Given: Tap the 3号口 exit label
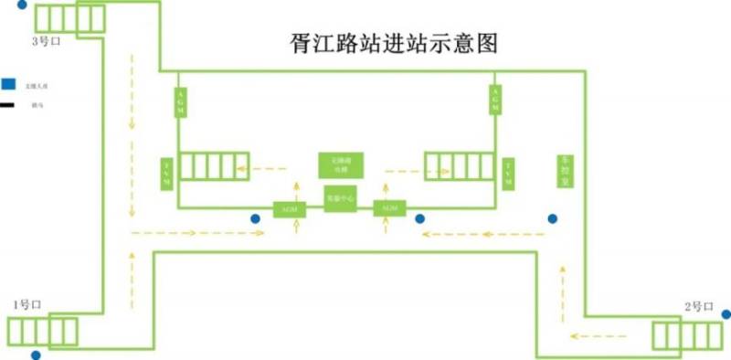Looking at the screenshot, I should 45,41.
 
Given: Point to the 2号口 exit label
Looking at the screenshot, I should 698,305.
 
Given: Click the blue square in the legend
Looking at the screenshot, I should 8,84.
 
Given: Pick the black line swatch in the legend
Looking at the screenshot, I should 7,106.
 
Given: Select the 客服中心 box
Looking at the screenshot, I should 340,198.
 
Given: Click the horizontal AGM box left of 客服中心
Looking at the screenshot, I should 290,209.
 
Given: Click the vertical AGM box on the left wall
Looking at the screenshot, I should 180,101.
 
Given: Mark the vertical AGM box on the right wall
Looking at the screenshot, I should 495,101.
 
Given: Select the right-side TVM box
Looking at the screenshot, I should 509,172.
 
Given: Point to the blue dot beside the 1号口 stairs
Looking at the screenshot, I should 36,355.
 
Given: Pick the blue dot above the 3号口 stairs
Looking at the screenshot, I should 23,4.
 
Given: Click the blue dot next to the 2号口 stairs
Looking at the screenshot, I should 726,313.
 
